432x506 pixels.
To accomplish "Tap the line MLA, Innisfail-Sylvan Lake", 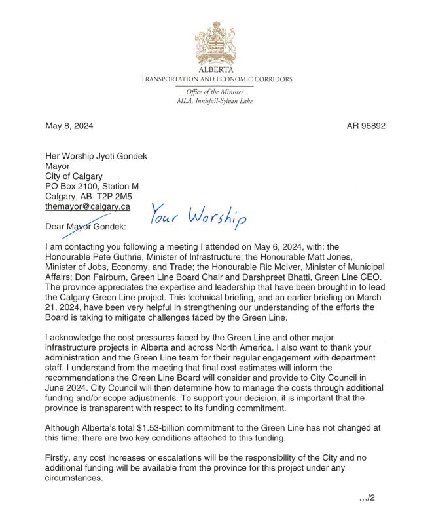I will coord(215,101).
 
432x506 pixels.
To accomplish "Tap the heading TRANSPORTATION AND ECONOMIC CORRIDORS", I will coord(216,79).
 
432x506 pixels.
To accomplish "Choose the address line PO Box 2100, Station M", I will coord(92,186).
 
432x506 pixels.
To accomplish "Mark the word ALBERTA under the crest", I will coord(216,69).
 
